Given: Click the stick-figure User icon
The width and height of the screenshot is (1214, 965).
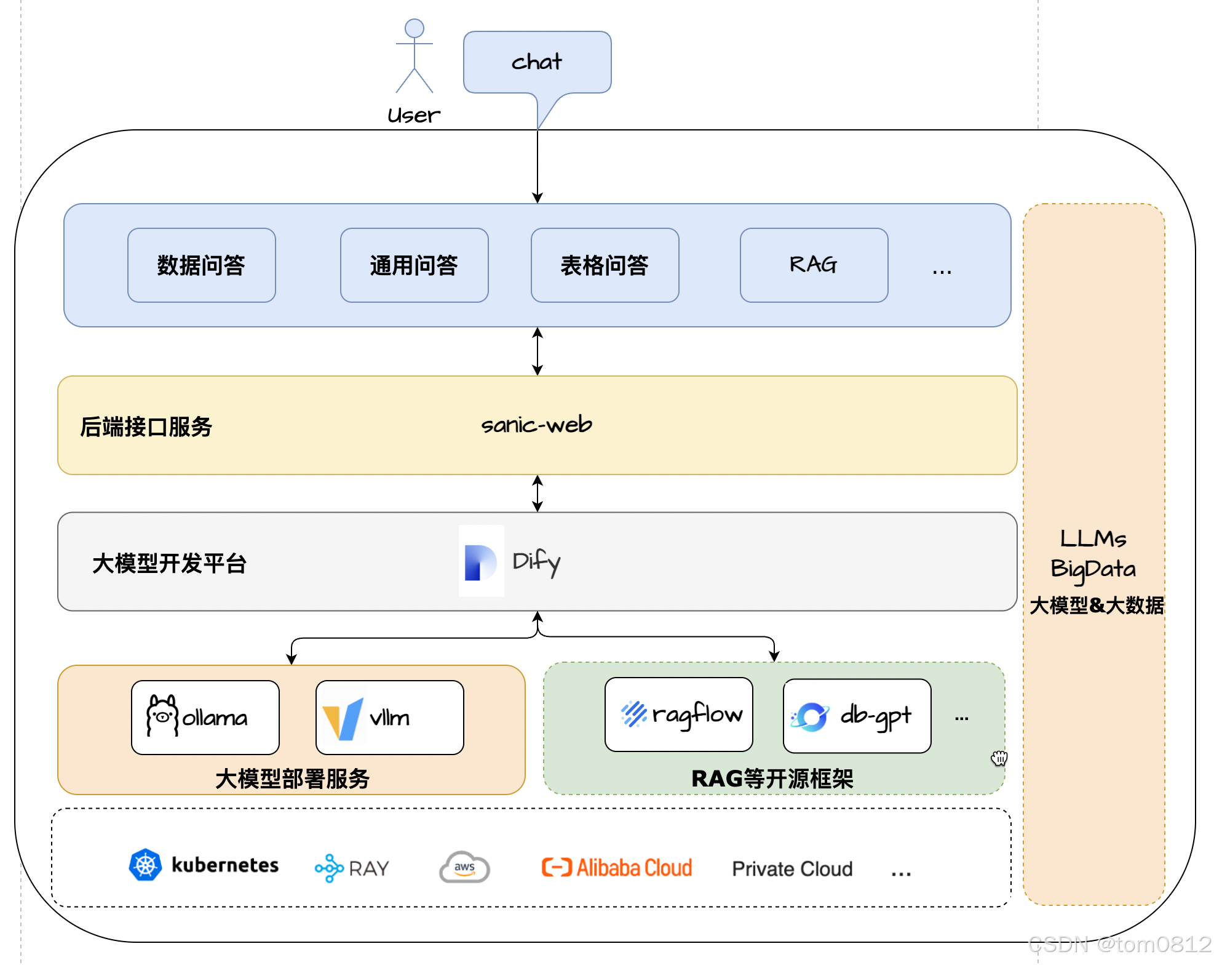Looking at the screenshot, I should pos(414,56).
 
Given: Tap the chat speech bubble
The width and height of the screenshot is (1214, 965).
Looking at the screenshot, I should pos(537,62).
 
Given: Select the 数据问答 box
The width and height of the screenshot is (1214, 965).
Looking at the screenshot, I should pos(201,265).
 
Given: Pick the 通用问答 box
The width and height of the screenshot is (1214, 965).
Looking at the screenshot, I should pos(414,265).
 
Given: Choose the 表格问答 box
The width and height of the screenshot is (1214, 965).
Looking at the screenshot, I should pos(605,265).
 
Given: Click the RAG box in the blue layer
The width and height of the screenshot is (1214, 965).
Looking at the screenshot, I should pos(813,265).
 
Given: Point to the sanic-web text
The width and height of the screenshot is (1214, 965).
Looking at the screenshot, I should pos(536,425).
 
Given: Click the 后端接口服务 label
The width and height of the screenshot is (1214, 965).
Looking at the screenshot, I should pos(146,426).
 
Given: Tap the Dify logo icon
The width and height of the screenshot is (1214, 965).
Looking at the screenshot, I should pos(481,561).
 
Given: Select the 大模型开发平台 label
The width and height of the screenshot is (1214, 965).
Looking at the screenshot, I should pos(169,563).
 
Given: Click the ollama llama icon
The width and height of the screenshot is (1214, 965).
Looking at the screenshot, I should pos(162,716).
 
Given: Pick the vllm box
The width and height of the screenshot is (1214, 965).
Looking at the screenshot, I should pos(389,718).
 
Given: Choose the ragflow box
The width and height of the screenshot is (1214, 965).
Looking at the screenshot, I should pos(678,715).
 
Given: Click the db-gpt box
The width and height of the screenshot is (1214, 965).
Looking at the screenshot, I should pos(856,716).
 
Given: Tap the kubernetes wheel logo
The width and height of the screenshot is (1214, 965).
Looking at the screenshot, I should pos(145,865).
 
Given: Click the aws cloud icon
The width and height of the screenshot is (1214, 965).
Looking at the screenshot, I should pos(464,868).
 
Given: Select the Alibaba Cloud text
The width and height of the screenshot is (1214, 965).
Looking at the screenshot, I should pos(633,868).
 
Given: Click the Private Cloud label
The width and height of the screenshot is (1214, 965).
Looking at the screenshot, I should pos(792,868).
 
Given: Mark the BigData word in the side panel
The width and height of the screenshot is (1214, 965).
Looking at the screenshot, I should pos(1093,569).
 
